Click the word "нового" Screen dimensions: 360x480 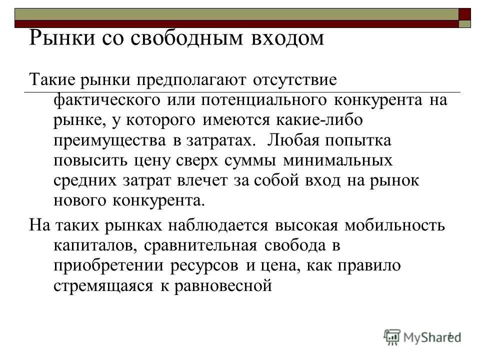76,201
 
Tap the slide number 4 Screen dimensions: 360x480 449,334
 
